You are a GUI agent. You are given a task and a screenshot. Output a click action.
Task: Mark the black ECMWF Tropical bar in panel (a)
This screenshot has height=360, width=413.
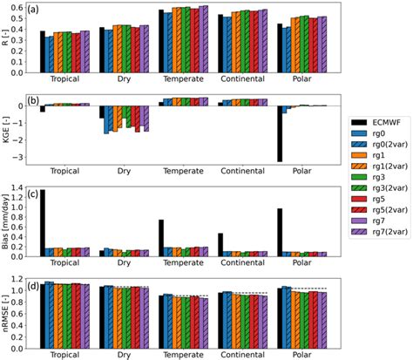pos(42,51)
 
